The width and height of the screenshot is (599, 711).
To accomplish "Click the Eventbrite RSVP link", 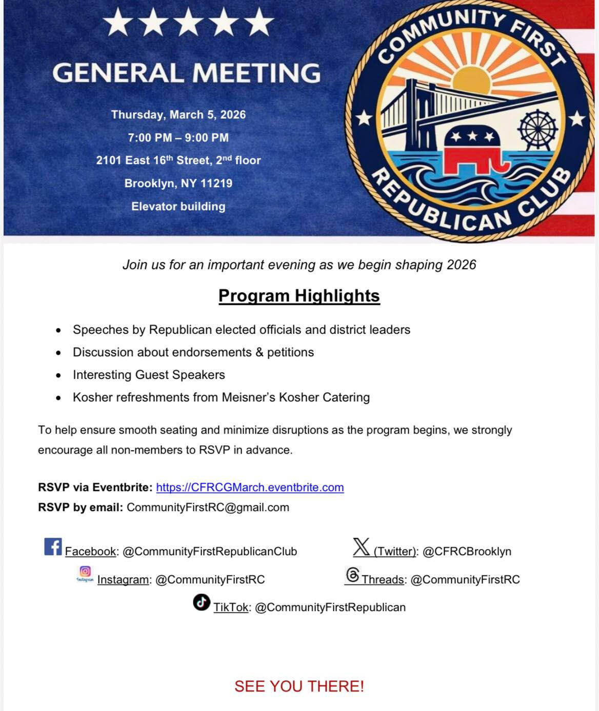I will [x=250, y=487].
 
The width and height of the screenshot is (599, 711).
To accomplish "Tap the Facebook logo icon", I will [x=53, y=547].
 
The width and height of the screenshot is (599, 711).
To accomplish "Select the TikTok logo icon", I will [x=202, y=602].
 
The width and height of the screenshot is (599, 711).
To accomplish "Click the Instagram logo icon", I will [x=85, y=573].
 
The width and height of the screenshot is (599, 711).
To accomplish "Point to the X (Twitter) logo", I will [x=361, y=547].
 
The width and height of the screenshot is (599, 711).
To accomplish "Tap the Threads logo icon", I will [x=352, y=575].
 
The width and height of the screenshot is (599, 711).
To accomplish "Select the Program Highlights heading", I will [x=299, y=296].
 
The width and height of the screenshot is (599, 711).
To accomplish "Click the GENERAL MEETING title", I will [x=186, y=73].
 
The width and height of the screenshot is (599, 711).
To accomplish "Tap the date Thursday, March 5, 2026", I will [x=178, y=115].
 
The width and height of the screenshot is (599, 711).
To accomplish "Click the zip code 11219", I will [x=216, y=184].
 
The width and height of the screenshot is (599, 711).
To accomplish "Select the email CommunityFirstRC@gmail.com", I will [x=208, y=507].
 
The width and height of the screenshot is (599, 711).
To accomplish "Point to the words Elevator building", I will [x=178, y=207].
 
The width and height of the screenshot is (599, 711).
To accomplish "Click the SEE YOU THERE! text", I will [x=299, y=686].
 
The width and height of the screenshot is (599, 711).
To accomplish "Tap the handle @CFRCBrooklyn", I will [x=467, y=552].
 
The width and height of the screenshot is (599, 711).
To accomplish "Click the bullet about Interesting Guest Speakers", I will [x=149, y=375].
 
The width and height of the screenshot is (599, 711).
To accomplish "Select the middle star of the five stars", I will [x=189, y=22].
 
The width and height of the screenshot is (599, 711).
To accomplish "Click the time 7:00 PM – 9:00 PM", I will [x=178, y=138].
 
